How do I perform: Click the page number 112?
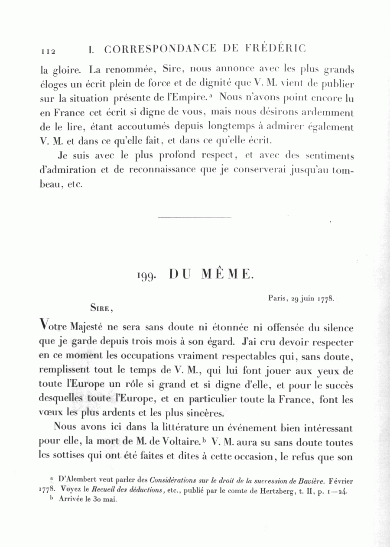(x=48, y=51)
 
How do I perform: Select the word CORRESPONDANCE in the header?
(x=159, y=49)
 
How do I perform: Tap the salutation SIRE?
(x=101, y=308)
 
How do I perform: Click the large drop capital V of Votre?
(x=43, y=324)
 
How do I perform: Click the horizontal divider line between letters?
(x=195, y=217)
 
